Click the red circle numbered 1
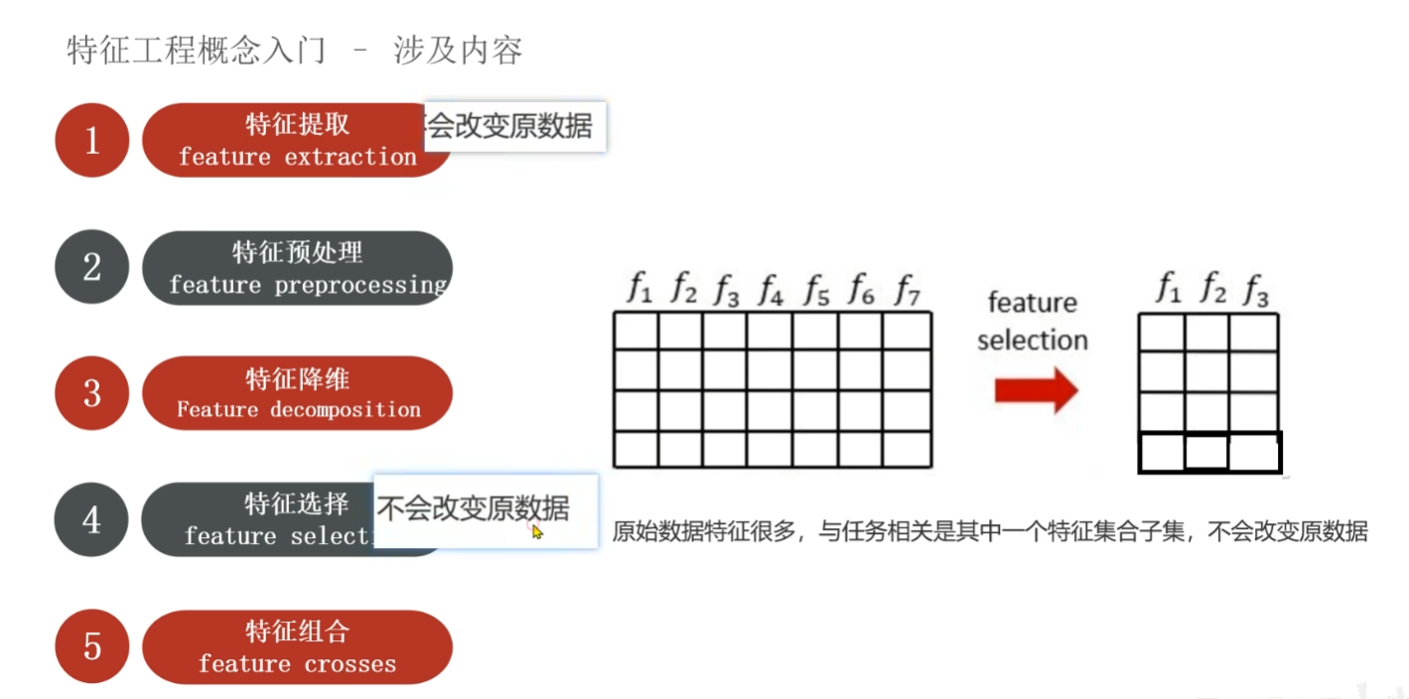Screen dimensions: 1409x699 pyautogui.click(x=92, y=140)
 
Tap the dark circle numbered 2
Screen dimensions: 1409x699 pyautogui.click(x=92, y=266)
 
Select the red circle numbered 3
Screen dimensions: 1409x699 pyautogui.click(x=92, y=393)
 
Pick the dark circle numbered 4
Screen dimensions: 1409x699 pyautogui.click(x=92, y=519)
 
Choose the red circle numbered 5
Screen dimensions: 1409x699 pyautogui.click(x=92, y=646)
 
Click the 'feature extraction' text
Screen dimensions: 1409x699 pyautogui.click(x=297, y=157)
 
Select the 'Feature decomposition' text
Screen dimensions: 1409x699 pyautogui.click(x=298, y=409)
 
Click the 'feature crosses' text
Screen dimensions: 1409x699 pyautogui.click(x=297, y=663)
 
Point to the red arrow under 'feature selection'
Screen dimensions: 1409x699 pyautogui.click(x=1036, y=390)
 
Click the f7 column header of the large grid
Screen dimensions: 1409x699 pyautogui.click(x=908, y=290)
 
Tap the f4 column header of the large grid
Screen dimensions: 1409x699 pyautogui.click(x=771, y=290)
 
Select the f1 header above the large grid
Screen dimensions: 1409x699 pyautogui.click(x=639, y=290)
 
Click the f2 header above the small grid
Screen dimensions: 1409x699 pyautogui.click(x=1212, y=290)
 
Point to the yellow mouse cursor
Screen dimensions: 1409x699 pyautogui.click(x=537, y=532)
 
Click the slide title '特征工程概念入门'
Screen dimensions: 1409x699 pyautogui.click(x=196, y=50)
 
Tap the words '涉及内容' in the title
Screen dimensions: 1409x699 pyautogui.click(x=458, y=50)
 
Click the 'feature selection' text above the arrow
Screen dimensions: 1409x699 pyautogui.click(x=1033, y=321)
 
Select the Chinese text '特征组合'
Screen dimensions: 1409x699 pyautogui.click(x=297, y=632)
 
